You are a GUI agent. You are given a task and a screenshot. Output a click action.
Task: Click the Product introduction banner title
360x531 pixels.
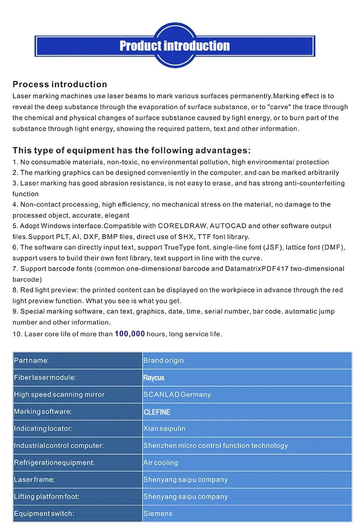click(175, 46)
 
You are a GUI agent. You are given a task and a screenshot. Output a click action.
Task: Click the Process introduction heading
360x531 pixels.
click(60, 84)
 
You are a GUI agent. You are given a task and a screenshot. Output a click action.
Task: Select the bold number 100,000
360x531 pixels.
click(130, 333)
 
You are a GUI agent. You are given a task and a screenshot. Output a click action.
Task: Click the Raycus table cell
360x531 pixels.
click(154, 378)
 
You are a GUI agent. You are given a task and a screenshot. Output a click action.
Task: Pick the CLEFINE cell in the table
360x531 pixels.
click(157, 412)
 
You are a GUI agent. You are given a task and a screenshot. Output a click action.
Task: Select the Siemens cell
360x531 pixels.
click(157, 514)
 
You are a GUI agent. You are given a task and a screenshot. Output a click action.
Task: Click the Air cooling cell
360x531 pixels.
click(160, 463)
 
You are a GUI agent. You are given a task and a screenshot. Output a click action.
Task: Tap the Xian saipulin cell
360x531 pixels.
click(164, 429)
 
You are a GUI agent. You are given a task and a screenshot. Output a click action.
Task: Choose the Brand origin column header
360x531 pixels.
click(163, 361)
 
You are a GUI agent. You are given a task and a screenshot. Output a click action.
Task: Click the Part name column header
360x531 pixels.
click(31, 361)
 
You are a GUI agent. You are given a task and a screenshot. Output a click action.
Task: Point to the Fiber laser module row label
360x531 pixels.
click(45, 378)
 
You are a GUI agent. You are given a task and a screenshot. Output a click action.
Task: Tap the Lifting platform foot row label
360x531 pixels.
click(47, 497)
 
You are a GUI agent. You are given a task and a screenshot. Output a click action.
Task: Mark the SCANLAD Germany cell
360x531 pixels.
click(177, 395)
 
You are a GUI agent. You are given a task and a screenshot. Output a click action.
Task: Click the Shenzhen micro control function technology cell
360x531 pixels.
click(216, 446)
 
